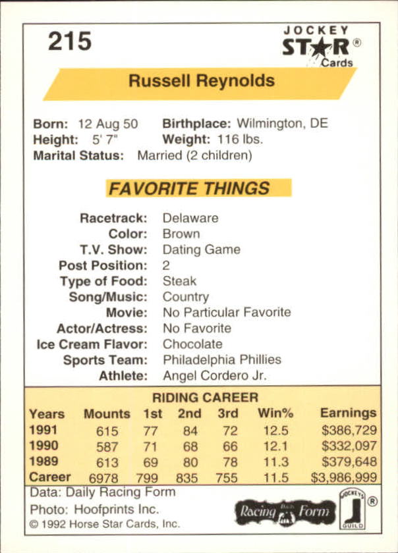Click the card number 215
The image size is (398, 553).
click(69, 41)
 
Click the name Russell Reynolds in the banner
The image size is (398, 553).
click(202, 81)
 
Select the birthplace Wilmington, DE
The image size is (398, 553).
click(282, 124)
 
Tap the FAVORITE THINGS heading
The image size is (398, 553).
click(189, 188)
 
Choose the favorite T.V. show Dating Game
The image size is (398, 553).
click(201, 250)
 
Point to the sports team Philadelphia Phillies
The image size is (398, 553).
click(221, 359)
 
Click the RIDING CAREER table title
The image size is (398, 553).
click(205, 398)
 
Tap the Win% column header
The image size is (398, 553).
click(275, 413)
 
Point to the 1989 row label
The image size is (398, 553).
click(43, 461)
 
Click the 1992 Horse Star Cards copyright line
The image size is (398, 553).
click(104, 525)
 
